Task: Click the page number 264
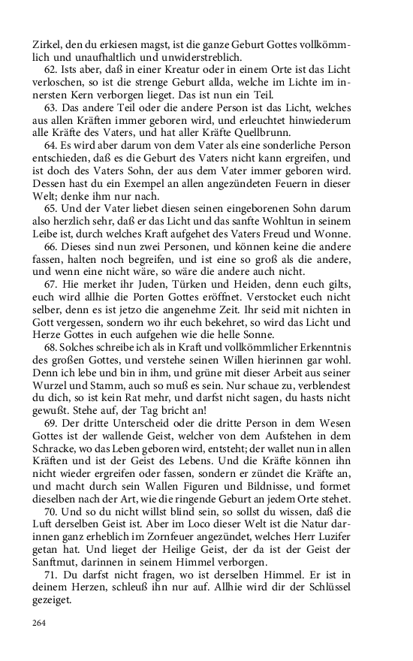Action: [x=40, y=622]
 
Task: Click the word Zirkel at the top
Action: [x=46, y=44]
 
